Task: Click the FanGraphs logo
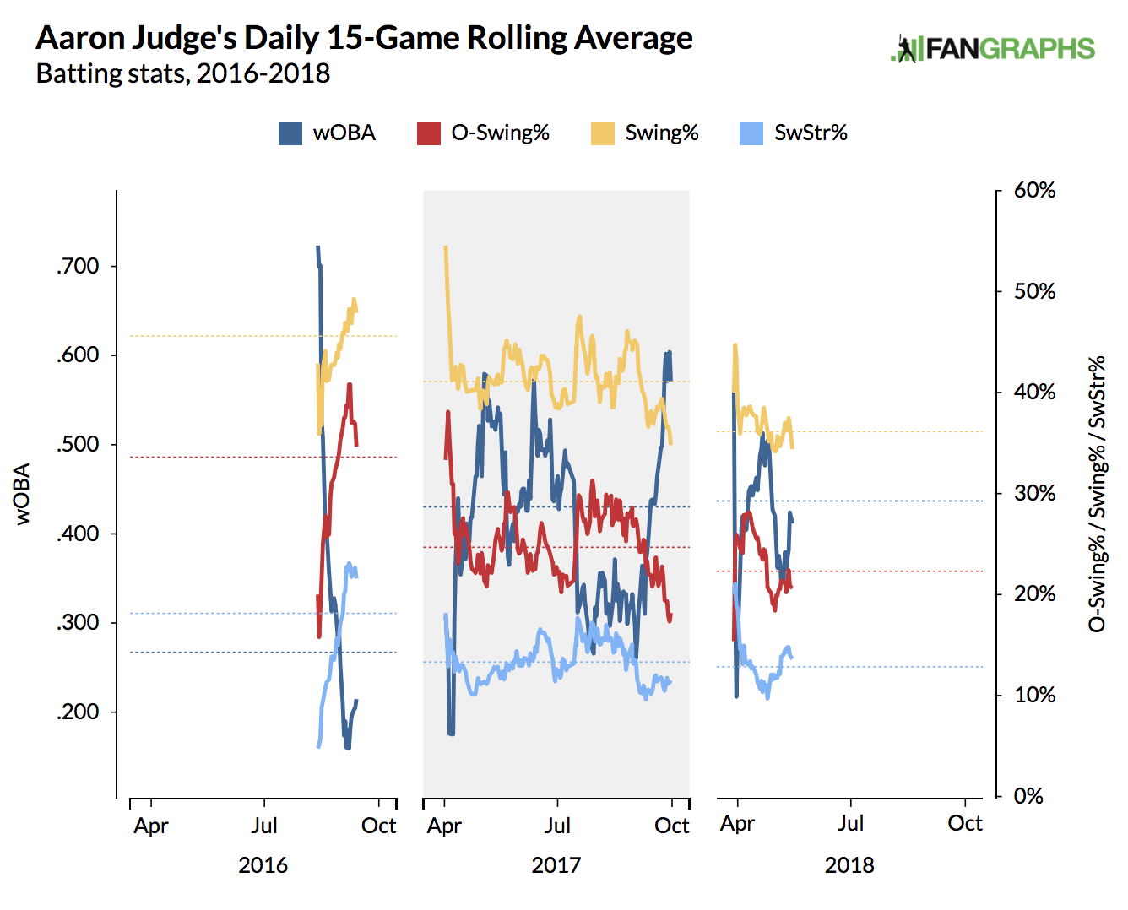(993, 49)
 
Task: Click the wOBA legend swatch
(290, 133)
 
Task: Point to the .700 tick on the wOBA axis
(79, 267)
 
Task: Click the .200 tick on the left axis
(79, 712)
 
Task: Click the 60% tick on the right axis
(1034, 191)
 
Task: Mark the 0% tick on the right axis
(1028, 796)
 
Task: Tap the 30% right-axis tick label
(1034, 493)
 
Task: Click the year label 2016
(263, 865)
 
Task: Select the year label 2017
(556, 865)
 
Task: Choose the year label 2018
(849, 865)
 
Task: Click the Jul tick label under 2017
(557, 826)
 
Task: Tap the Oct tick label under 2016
(378, 826)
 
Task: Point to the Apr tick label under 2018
(737, 824)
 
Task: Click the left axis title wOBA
(23, 494)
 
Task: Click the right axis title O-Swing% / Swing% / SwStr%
(1097, 494)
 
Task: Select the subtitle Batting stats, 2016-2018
(183, 74)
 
